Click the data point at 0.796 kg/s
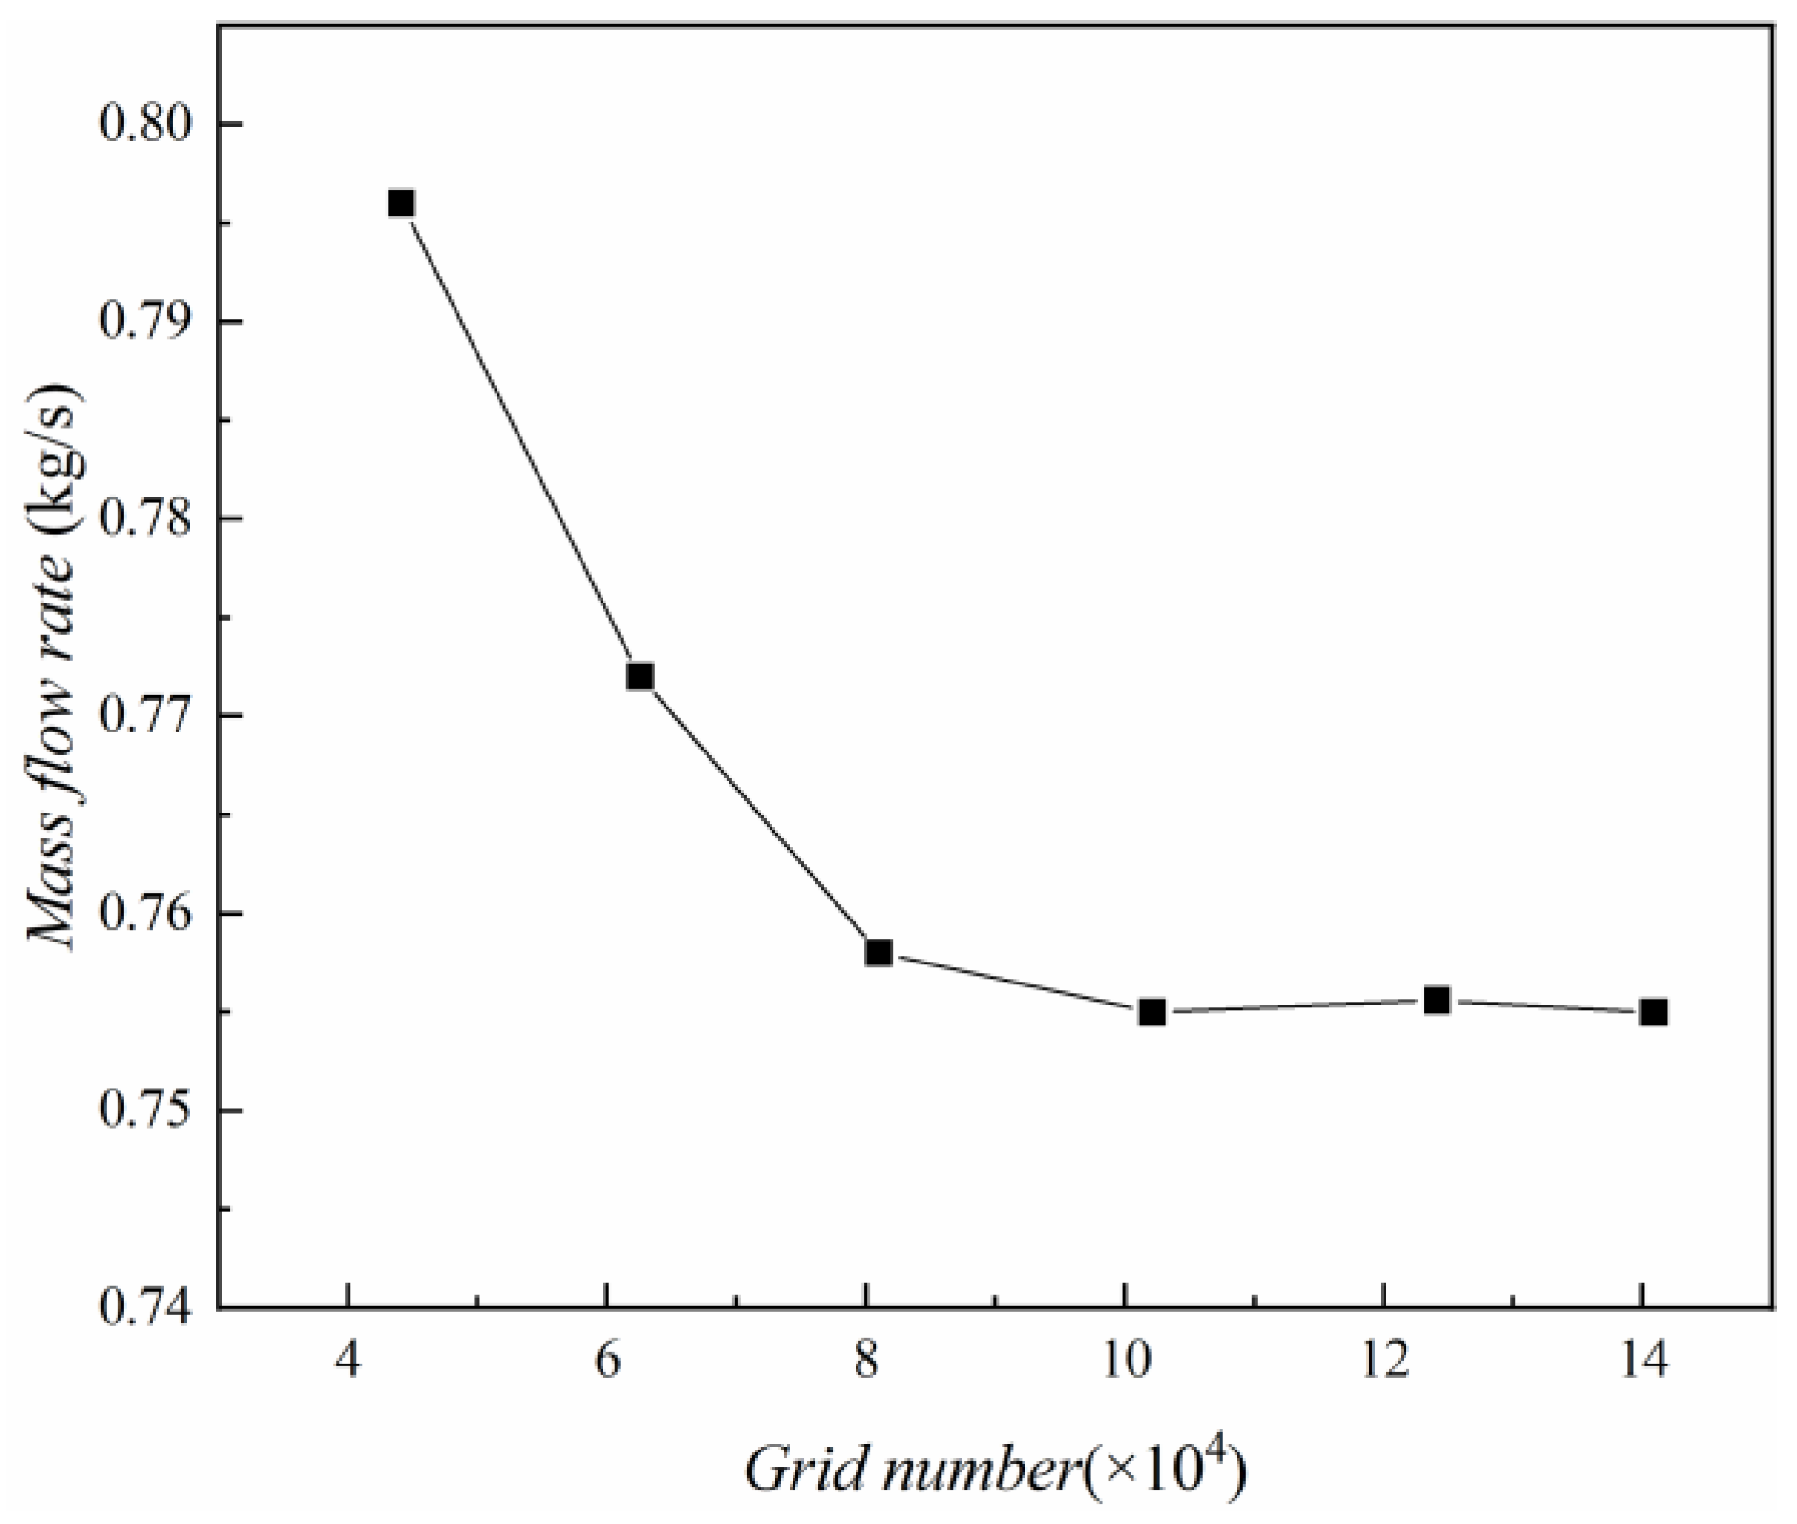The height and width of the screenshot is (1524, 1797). tap(401, 203)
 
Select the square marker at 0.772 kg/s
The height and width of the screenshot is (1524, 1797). tap(640, 677)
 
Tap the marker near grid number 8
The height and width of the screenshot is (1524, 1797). tap(878, 952)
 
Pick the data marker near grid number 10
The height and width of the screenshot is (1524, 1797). tap(1152, 1011)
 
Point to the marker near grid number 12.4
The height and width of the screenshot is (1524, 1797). tap(1437, 1000)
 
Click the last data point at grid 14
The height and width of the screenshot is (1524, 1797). tap(1655, 1011)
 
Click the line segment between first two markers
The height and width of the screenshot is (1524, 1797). tap(520, 440)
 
